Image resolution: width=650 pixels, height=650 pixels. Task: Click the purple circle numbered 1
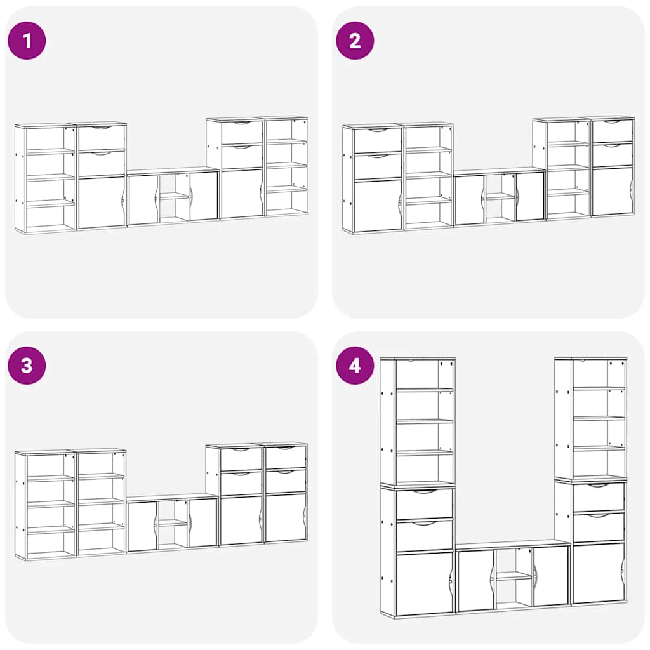click(x=27, y=41)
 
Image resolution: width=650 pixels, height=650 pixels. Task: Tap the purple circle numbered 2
click(x=355, y=41)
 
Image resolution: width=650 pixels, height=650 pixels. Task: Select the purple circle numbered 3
click(x=27, y=366)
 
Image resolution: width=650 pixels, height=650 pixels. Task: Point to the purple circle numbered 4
click(x=355, y=366)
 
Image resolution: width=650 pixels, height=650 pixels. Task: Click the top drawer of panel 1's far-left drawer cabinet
click(x=102, y=137)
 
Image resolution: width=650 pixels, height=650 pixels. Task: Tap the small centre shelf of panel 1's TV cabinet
click(x=174, y=196)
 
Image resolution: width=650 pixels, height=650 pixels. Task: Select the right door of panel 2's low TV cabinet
click(x=530, y=197)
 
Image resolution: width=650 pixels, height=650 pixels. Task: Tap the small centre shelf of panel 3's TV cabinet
click(x=173, y=523)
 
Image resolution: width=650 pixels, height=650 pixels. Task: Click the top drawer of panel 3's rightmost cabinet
click(x=286, y=457)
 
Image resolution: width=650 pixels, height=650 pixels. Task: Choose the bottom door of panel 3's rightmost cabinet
click(x=286, y=517)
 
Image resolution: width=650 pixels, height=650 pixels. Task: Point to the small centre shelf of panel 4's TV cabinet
click(x=514, y=576)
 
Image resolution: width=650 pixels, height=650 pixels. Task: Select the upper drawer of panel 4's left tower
click(x=424, y=503)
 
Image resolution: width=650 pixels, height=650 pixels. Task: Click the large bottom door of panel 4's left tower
click(x=424, y=583)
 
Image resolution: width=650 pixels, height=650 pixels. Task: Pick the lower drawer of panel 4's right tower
click(x=599, y=527)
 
